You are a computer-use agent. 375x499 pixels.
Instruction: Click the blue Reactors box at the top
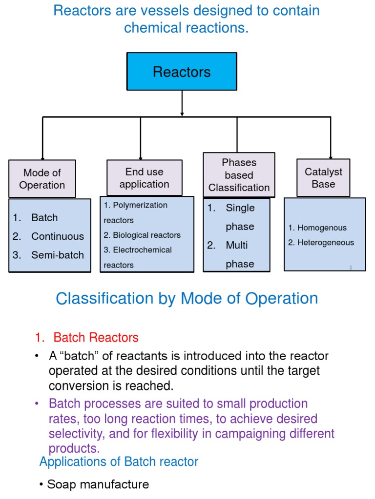(x=182, y=72)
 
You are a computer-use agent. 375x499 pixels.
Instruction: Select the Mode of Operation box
(x=42, y=179)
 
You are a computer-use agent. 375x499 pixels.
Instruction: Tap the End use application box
(x=144, y=178)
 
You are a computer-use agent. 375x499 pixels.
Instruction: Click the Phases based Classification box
(x=239, y=175)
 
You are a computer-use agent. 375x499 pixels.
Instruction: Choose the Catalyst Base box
(x=323, y=178)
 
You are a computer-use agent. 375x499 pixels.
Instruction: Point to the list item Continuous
(x=57, y=236)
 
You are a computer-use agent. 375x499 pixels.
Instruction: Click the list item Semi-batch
(x=57, y=255)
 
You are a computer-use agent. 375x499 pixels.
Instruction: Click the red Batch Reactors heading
(x=96, y=337)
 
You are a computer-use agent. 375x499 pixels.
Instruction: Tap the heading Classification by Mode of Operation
(x=187, y=298)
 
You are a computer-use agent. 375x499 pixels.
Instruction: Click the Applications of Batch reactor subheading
(x=119, y=461)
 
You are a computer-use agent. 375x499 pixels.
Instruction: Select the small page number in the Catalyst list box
(x=351, y=267)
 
